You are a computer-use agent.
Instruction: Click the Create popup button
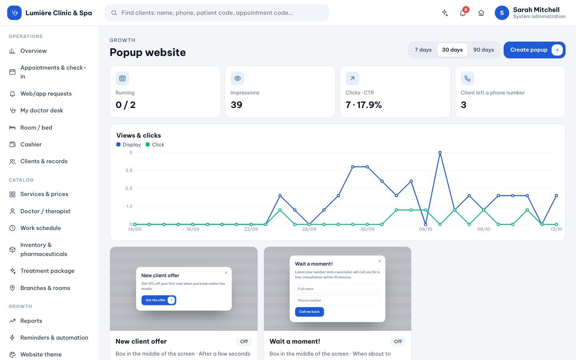(534, 50)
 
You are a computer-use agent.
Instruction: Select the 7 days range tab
(423, 50)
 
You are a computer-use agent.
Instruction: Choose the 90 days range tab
(484, 50)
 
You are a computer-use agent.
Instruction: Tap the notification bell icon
(462, 13)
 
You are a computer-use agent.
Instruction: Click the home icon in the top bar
(481, 13)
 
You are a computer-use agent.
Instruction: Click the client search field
(216, 13)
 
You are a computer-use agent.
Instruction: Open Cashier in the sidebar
(31, 144)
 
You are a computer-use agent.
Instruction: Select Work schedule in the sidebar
(41, 228)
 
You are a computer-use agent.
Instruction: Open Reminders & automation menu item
(54, 338)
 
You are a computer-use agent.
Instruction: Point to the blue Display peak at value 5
(440, 152)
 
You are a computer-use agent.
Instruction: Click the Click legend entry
(155, 144)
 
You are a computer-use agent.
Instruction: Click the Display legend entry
(128, 144)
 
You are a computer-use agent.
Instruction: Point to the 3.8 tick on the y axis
(129, 170)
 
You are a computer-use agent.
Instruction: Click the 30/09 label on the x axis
(367, 229)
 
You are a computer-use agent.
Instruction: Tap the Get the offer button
(159, 300)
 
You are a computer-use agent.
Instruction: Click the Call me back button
(309, 312)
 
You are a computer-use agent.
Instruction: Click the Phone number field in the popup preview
(337, 300)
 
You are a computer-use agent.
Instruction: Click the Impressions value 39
(236, 105)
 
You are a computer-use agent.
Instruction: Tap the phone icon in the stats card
(468, 78)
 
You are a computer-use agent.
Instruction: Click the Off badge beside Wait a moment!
(398, 342)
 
